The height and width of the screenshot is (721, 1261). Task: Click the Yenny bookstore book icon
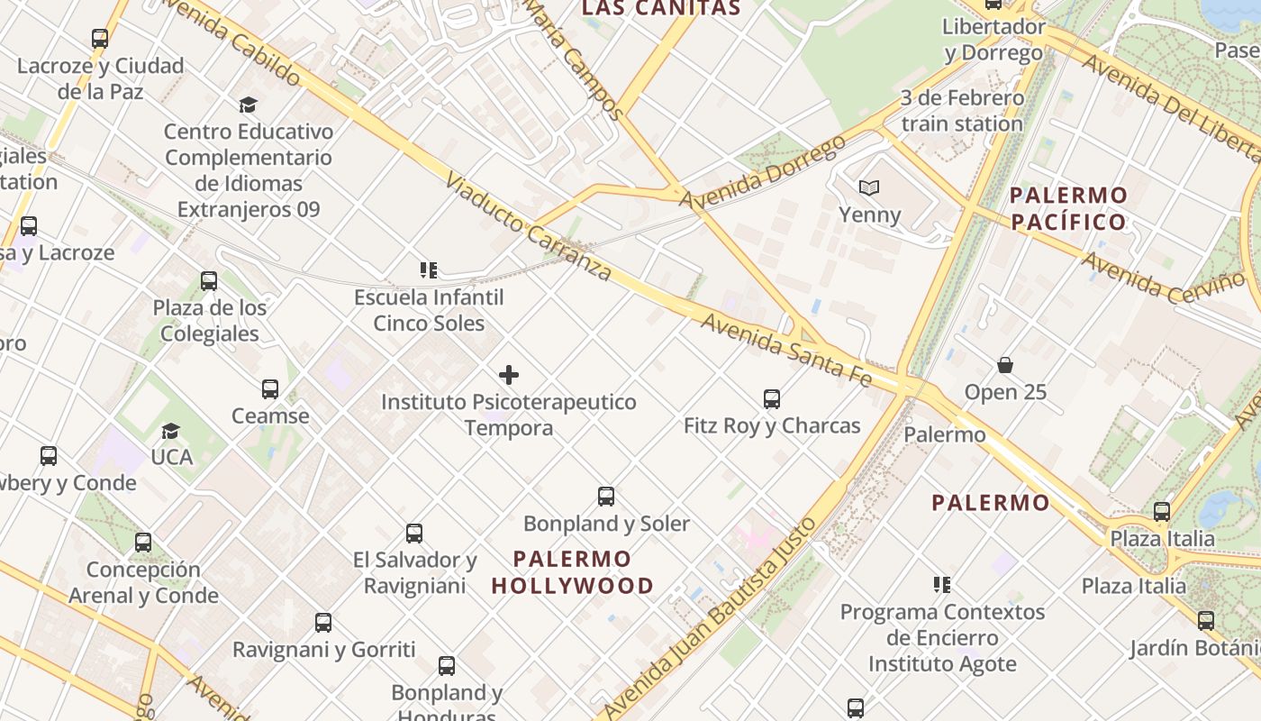point(868,187)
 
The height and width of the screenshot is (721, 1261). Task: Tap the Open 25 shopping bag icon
point(1005,365)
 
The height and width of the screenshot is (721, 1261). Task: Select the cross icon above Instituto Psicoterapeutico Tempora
point(509,375)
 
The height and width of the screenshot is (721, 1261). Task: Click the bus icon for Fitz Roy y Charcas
point(772,398)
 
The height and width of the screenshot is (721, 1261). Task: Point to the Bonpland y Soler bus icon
point(606,497)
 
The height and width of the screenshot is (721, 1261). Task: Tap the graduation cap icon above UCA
point(171,431)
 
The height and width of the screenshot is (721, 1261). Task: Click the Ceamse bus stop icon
point(270,389)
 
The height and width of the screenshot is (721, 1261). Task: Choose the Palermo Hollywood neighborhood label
point(573,572)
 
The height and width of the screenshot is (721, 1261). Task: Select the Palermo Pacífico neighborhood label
point(1068,208)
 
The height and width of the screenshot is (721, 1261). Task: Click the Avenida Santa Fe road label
point(786,351)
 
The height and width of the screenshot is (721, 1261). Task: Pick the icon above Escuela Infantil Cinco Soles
point(429,269)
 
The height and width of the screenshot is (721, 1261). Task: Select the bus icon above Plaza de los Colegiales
point(209,281)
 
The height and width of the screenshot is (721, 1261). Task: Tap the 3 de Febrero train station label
point(962,111)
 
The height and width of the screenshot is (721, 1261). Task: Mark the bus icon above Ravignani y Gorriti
point(323,623)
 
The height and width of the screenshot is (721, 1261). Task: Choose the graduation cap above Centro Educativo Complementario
point(248,105)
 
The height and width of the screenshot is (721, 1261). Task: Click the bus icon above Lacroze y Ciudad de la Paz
point(100,39)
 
